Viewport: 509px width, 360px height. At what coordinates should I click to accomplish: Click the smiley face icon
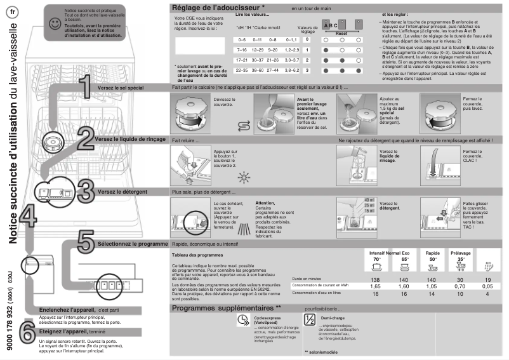(56, 23)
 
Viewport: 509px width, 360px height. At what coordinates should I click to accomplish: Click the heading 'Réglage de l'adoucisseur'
(219, 8)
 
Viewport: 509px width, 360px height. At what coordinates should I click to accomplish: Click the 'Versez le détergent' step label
(123, 191)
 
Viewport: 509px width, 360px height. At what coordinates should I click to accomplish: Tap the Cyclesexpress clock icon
(242, 321)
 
